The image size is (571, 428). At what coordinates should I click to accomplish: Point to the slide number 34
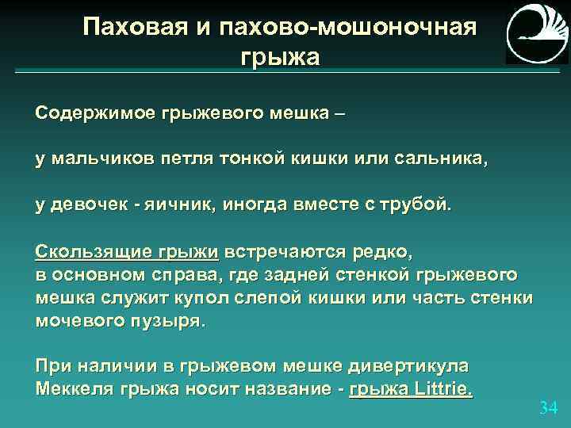coord(548,407)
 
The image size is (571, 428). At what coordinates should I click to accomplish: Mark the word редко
coord(380,253)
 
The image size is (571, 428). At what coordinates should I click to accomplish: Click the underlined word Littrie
coord(441,389)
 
